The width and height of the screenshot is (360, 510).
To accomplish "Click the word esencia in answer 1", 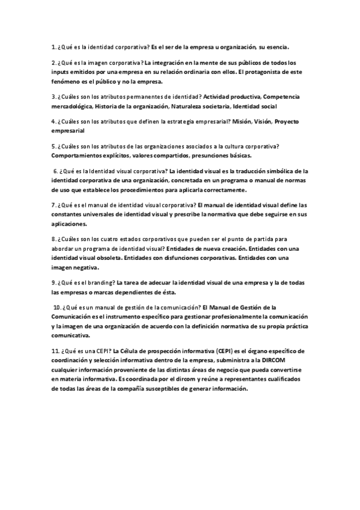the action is (x=277, y=46).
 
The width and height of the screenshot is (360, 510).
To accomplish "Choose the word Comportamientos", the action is (x=78, y=156).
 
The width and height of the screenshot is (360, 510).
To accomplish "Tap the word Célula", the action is (x=130, y=351).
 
